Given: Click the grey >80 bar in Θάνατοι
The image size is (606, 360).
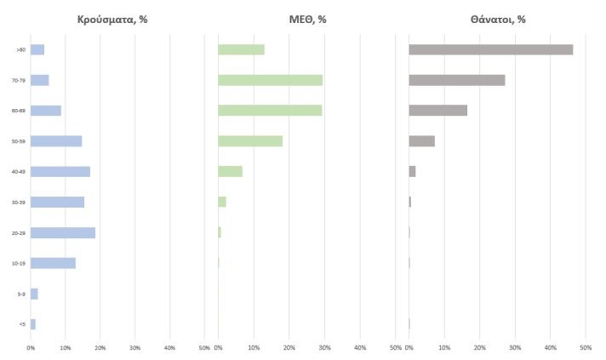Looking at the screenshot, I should click(490, 49).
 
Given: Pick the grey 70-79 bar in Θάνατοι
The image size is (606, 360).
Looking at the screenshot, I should click(456, 80).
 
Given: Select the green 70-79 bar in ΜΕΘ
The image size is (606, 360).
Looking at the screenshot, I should click(270, 80).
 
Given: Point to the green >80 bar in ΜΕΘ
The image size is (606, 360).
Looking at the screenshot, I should click(241, 49).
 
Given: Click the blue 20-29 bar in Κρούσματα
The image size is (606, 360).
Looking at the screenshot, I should click(63, 232).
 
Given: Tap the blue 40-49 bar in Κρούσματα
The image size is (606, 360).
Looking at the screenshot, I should click(60, 171).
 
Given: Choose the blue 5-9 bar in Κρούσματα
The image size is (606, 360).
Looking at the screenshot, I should click(34, 294).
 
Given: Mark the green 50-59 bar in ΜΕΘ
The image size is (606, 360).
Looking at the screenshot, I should click(250, 140).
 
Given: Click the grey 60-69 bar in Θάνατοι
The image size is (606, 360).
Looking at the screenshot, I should click(437, 110).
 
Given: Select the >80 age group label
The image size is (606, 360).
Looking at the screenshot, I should click(19, 49).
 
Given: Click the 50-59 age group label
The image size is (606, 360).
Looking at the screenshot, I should click(16, 141).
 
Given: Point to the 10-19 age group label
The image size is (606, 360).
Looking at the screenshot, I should click(16, 263).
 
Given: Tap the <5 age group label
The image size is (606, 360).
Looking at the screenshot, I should click(20, 324).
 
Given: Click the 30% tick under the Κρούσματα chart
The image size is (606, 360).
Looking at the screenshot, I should click(134, 347).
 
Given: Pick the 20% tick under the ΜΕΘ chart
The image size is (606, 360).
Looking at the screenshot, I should click(289, 347).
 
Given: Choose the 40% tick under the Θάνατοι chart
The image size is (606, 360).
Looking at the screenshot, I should click(550, 347).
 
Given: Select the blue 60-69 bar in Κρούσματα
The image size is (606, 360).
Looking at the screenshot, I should click(46, 111).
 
